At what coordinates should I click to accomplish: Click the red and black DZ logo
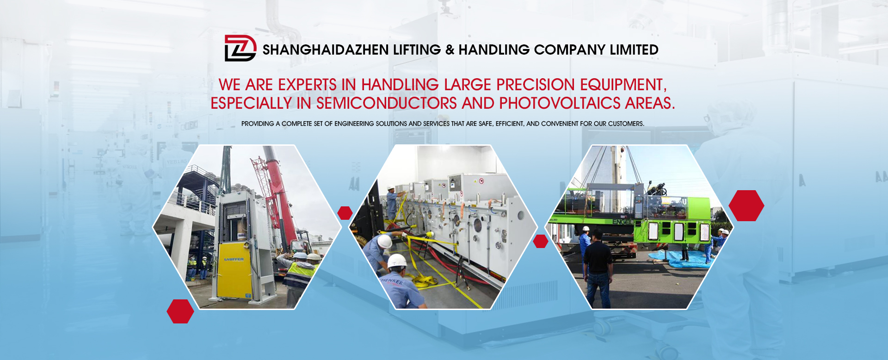pyautogui.click(x=240, y=48)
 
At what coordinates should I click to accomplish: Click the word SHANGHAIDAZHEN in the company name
pyautogui.click(x=326, y=50)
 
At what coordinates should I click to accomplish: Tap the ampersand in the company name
pyautogui.click(x=450, y=50)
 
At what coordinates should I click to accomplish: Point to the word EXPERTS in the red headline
pyautogui.click(x=307, y=85)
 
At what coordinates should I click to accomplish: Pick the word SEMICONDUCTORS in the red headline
pyautogui.click(x=387, y=103)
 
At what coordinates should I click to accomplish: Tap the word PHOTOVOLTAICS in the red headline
pyautogui.click(x=560, y=103)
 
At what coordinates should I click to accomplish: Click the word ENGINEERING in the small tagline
pyautogui.click(x=354, y=124)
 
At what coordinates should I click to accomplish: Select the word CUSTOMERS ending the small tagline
pyautogui.click(x=626, y=124)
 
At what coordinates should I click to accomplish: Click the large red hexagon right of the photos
pyautogui.click(x=746, y=205)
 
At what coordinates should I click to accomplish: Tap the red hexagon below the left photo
pyautogui.click(x=180, y=311)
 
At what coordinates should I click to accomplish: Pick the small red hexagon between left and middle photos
pyautogui.click(x=345, y=213)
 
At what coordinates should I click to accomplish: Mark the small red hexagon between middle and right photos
pyautogui.click(x=541, y=241)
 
